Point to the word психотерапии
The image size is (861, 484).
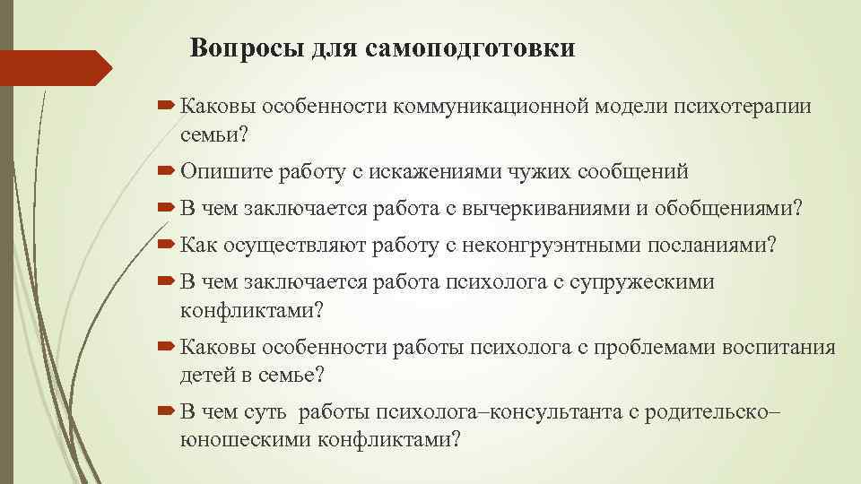click(748, 108)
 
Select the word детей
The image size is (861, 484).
click(207, 375)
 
